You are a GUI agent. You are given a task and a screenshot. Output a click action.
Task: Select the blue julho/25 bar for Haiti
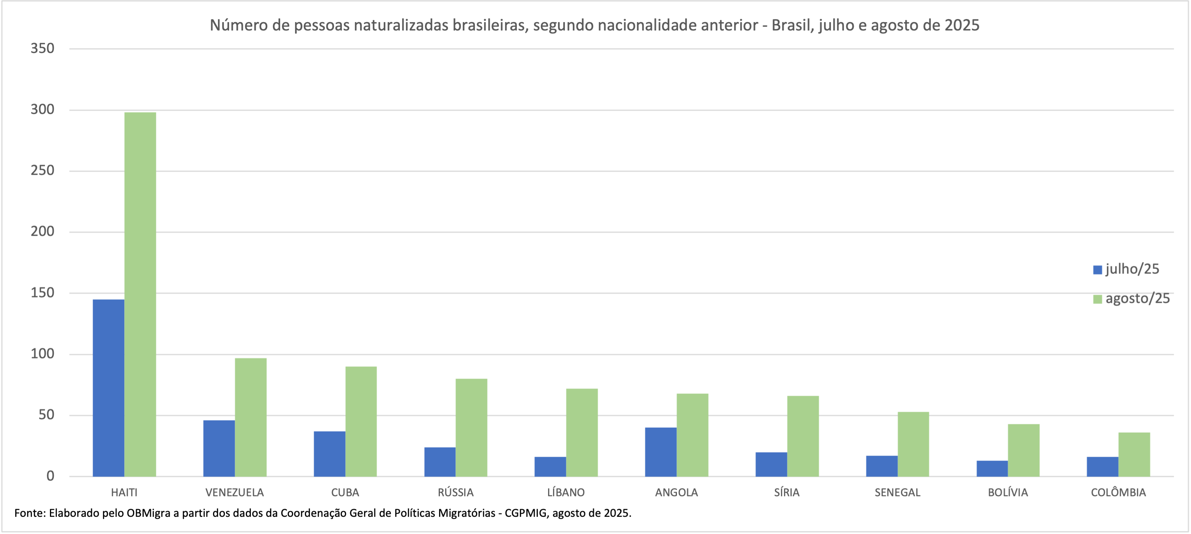pyautogui.click(x=108, y=388)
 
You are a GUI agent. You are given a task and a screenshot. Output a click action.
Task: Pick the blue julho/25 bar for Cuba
pyautogui.click(x=329, y=454)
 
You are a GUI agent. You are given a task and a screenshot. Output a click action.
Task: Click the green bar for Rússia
pyautogui.click(x=471, y=427)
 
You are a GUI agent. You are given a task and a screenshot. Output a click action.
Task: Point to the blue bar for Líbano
pyautogui.click(x=550, y=467)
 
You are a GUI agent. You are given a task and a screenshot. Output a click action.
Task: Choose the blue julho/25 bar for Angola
pyautogui.click(x=661, y=452)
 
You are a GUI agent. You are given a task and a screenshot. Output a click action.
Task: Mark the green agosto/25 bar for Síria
pyautogui.click(x=803, y=436)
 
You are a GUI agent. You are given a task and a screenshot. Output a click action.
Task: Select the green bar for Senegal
pyautogui.click(x=913, y=444)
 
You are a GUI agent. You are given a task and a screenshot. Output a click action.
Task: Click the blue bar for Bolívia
pyautogui.click(x=992, y=468)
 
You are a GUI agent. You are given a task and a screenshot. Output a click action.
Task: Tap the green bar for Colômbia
pyautogui.click(x=1134, y=454)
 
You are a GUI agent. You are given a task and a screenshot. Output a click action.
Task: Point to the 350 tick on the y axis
pyautogui.click(x=43, y=48)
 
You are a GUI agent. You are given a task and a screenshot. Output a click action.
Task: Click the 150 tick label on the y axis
pyautogui.click(x=43, y=293)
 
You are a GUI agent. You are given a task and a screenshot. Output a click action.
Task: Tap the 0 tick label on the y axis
pyautogui.click(x=50, y=476)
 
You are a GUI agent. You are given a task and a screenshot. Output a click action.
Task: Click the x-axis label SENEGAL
pyautogui.click(x=898, y=492)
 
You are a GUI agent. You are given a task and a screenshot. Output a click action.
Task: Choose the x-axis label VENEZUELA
pyautogui.click(x=234, y=492)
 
